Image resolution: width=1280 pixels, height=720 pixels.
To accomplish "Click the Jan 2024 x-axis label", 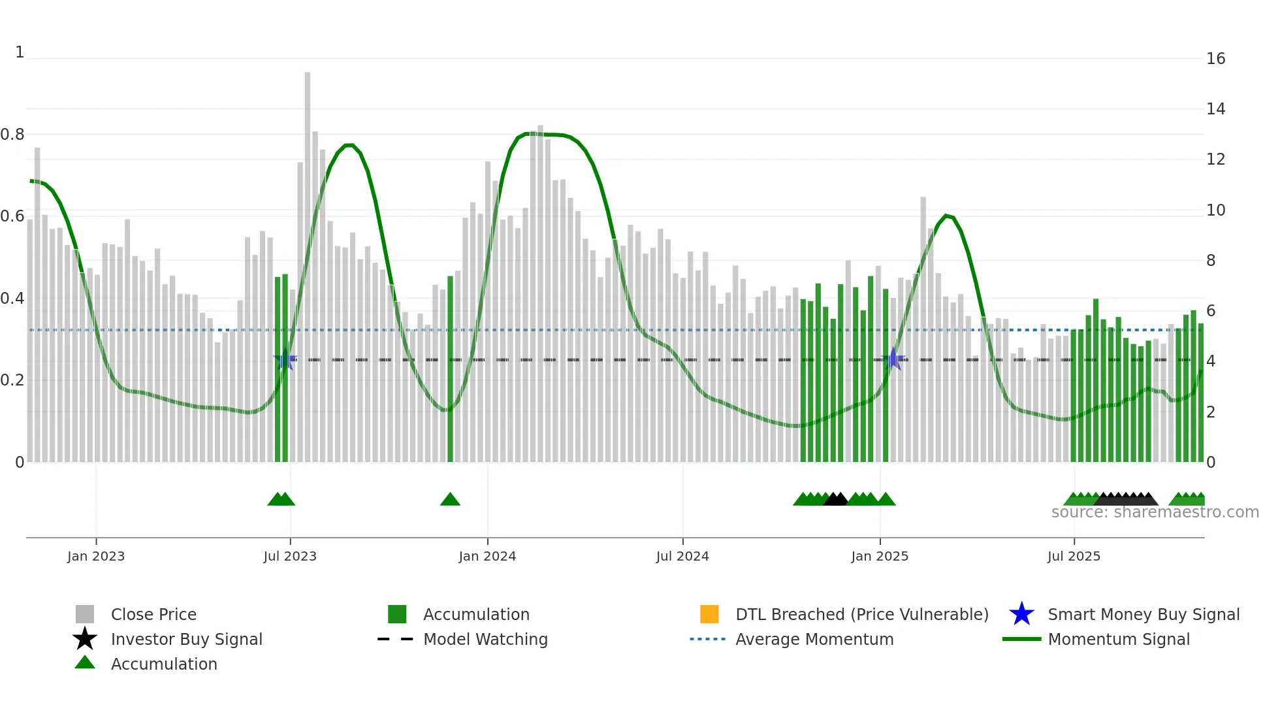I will click(x=487, y=556).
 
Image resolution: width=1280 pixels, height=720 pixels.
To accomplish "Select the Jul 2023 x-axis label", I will click(x=290, y=556).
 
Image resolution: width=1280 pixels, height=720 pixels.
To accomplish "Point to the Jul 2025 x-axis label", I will click(x=1074, y=556).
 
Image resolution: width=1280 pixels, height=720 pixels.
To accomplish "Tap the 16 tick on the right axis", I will click(x=1215, y=59).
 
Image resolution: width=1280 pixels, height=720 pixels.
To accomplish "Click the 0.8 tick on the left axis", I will click(x=12, y=135).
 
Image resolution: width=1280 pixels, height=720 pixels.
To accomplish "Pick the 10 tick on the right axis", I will click(x=1215, y=210).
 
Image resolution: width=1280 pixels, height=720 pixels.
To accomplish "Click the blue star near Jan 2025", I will click(x=893, y=359).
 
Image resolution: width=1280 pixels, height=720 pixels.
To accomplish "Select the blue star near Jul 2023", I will click(x=285, y=359).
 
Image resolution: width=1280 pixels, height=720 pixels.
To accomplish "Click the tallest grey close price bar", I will click(x=308, y=261).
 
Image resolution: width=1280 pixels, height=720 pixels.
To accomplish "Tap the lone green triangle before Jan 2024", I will click(x=450, y=500).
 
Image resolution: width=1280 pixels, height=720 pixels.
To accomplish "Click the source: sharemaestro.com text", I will click(x=1155, y=512).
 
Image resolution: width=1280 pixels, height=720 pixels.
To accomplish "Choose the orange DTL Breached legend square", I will click(x=709, y=614).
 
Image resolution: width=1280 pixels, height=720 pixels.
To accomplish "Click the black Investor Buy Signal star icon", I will click(x=85, y=639).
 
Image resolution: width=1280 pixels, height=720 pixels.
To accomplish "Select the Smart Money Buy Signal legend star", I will click(x=1021, y=614).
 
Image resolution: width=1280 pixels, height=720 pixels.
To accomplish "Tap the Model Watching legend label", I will click(x=485, y=639).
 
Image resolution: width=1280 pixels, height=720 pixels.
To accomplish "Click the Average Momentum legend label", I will click(x=814, y=639).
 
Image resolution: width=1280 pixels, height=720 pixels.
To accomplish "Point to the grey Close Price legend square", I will click(x=85, y=614).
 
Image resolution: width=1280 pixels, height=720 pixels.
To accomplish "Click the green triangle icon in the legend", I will click(x=85, y=663).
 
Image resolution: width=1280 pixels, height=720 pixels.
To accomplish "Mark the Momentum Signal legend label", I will click(x=1119, y=639).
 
